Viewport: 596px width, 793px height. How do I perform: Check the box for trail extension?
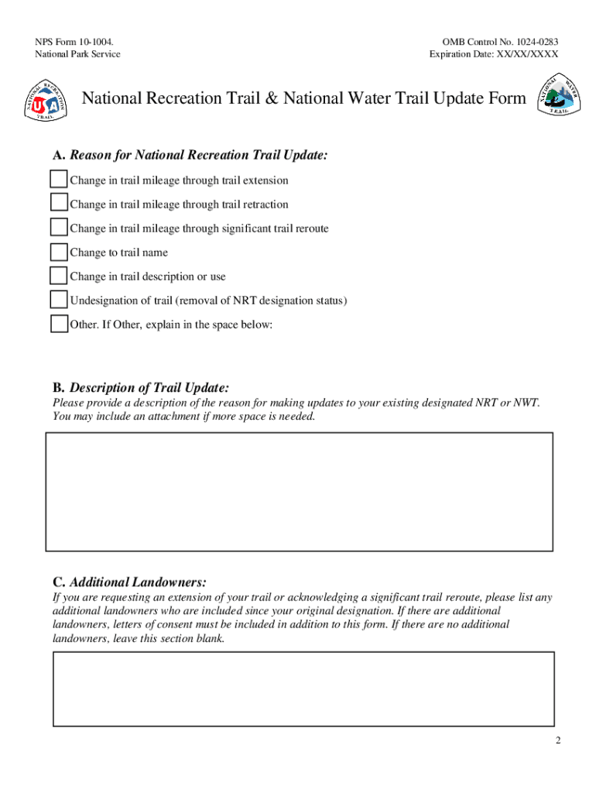[59, 180]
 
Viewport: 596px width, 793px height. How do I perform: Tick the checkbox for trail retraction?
[59, 203]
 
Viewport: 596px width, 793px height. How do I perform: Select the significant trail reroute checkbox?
[59, 228]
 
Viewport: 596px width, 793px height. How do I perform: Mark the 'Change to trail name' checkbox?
[59, 252]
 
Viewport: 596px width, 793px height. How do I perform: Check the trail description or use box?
[59, 276]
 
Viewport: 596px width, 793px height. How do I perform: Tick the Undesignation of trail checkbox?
[59, 300]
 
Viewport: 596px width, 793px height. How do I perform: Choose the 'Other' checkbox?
[59, 324]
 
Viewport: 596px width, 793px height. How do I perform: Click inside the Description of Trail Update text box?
[300, 491]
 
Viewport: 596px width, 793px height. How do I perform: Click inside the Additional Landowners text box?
[303, 688]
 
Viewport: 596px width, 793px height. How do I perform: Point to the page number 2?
[557, 741]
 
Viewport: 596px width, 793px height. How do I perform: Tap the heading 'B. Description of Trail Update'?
[141, 387]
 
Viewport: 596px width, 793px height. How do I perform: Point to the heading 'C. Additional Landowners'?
[129, 582]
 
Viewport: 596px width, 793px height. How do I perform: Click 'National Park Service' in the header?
[77, 54]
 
